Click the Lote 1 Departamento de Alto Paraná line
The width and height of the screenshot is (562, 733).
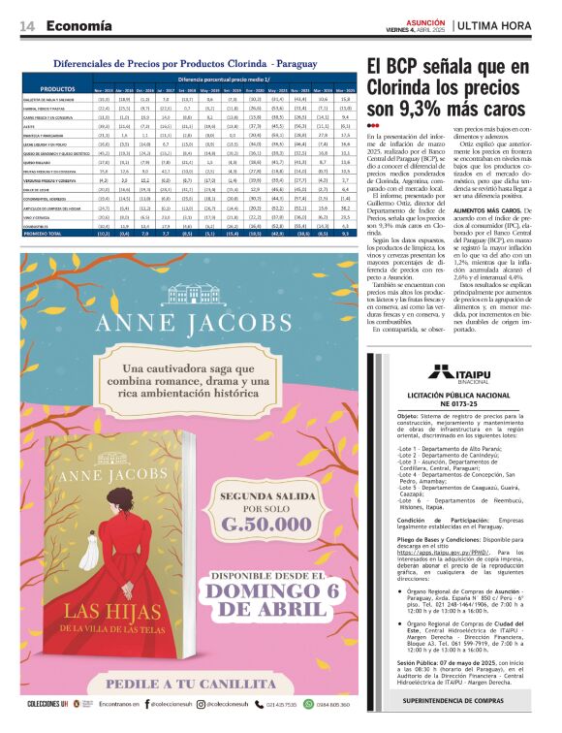441,450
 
